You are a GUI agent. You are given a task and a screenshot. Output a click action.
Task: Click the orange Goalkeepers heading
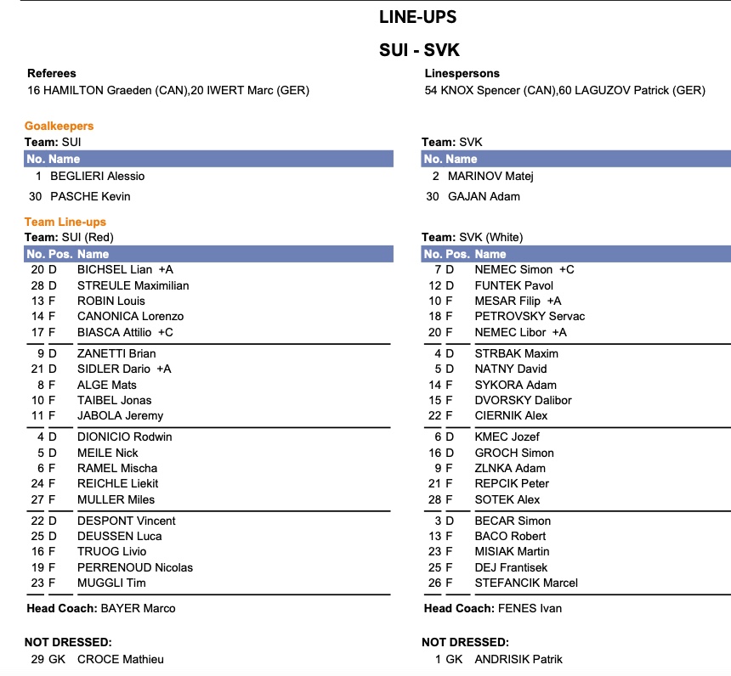pyautogui.click(x=59, y=127)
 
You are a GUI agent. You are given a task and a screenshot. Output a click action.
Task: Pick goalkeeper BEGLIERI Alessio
pyautogui.click(x=97, y=176)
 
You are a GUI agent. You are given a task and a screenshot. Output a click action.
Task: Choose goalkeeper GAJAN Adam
pyautogui.click(x=496, y=196)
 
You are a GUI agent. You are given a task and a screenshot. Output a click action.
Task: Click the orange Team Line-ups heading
pyautogui.click(x=65, y=222)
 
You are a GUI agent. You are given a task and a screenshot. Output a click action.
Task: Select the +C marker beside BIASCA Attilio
pyautogui.click(x=165, y=331)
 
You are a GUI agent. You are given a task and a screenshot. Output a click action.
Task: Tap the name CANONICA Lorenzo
pyautogui.click(x=130, y=316)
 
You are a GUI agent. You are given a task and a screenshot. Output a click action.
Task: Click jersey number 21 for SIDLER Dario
pyautogui.click(x=37, y=369)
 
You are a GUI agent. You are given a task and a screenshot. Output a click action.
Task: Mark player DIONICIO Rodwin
pyautogui.click(x=124, y=437)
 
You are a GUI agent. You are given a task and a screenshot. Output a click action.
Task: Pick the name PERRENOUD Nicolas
pyautogui.click(x=134, y=567)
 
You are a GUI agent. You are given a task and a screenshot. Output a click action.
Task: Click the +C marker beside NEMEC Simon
pyautogui.click(x=566, y=269)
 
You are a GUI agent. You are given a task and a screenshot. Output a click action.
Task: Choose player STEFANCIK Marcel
pyautogui.click(x=526, y=583)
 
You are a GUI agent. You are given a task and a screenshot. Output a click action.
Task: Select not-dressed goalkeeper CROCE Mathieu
pyautogui.click(x=120, y=659)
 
